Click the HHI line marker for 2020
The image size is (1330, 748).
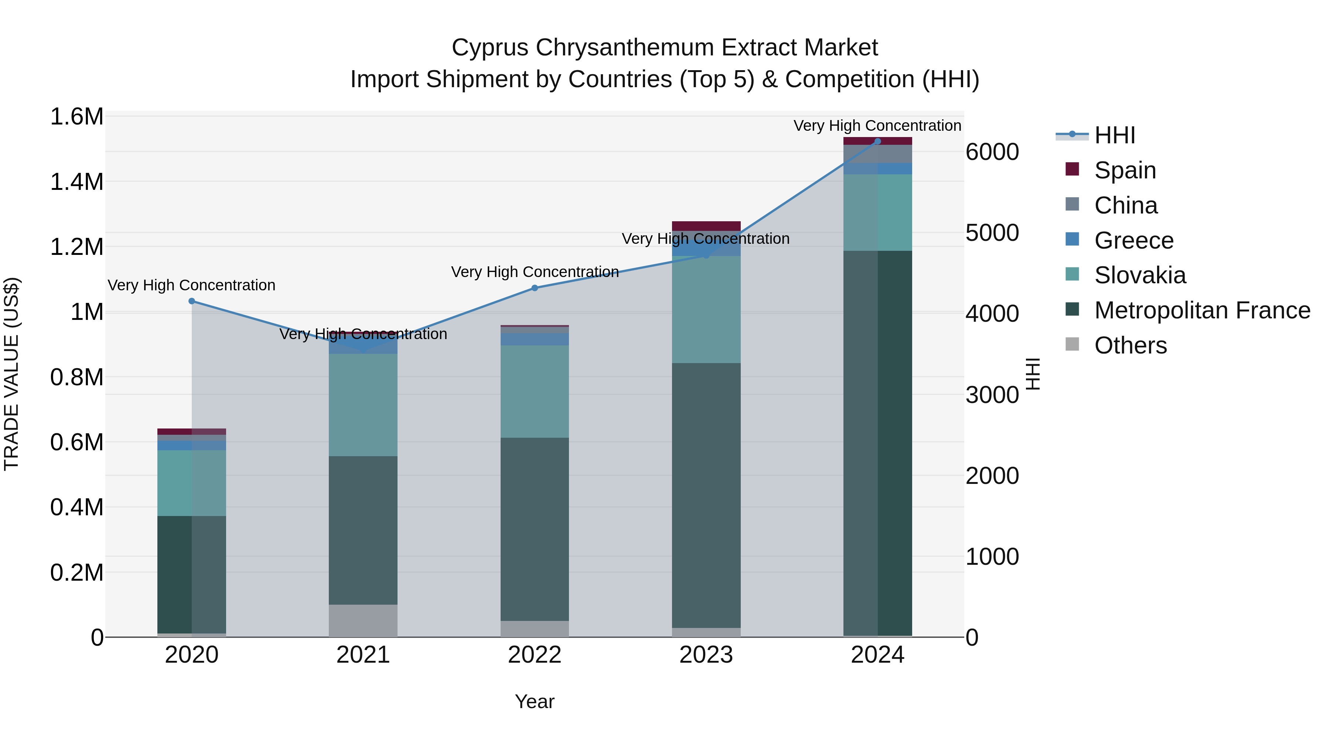tap(191, 301)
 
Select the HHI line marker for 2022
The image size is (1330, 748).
tap(534, 288)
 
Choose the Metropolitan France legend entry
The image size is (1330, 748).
tap(1201, 310)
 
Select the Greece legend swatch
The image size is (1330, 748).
tap(1072, 239)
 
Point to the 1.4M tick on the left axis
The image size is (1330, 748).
tap(76, 182)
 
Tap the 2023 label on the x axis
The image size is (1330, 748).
tap(706, 655)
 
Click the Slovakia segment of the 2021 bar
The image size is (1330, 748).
tap(363, 405)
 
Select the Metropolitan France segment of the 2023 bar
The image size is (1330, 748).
tap(706, 496)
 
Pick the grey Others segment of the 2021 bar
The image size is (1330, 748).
tap(363, 621)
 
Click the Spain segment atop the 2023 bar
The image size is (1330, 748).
tap(706, 226)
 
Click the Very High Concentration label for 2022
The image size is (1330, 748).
tap(534, 272)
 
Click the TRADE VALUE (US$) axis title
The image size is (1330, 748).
tap(12, 374)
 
